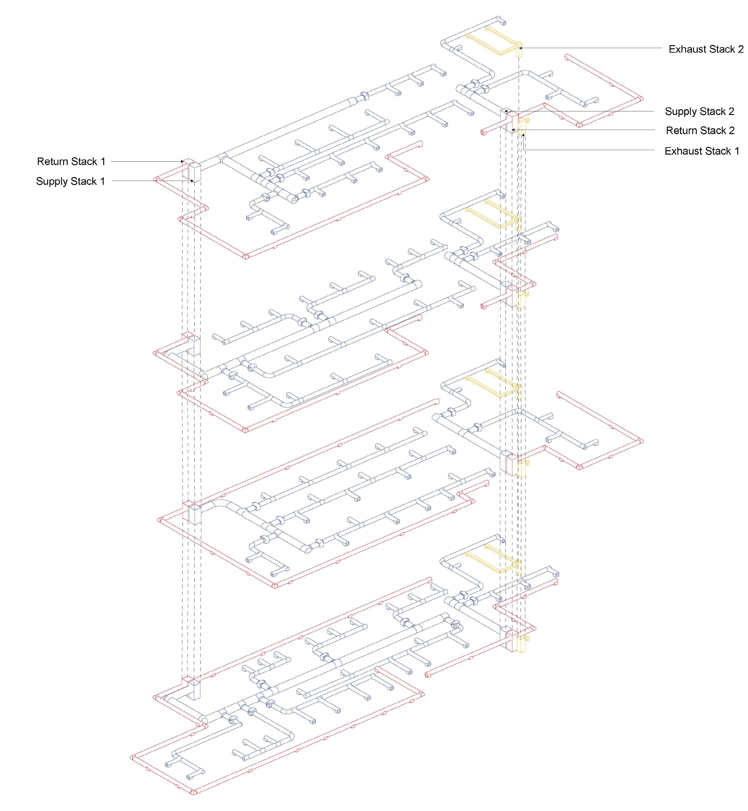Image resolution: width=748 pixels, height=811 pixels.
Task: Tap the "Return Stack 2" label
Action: pos(700,130)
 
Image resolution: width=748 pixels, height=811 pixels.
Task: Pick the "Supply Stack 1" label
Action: pos(70,181)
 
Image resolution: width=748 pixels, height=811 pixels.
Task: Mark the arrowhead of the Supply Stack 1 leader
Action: pos(193,181)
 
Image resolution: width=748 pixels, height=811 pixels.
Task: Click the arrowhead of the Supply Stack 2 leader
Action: pos(506,111)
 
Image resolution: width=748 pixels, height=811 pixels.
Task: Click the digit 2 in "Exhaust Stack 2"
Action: pos(740,49)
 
